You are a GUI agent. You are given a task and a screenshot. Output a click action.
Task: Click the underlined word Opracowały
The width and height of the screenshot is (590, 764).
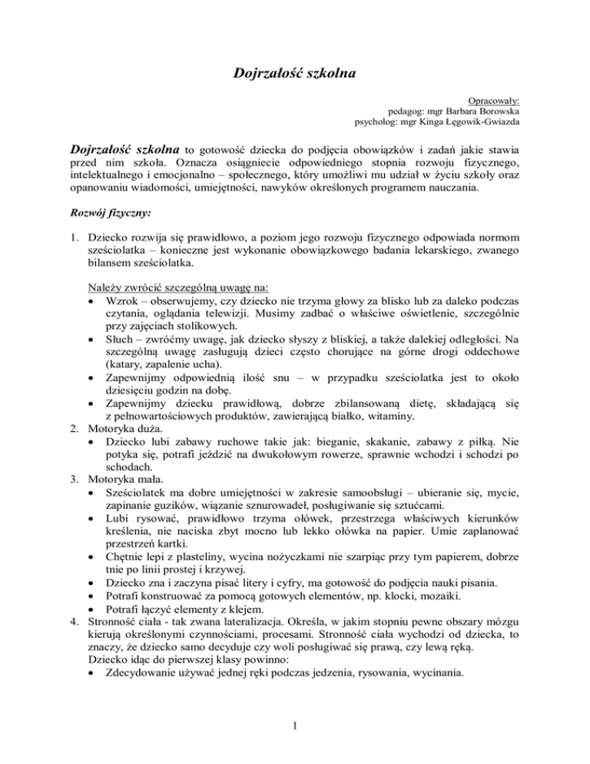(x=493, y=101)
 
